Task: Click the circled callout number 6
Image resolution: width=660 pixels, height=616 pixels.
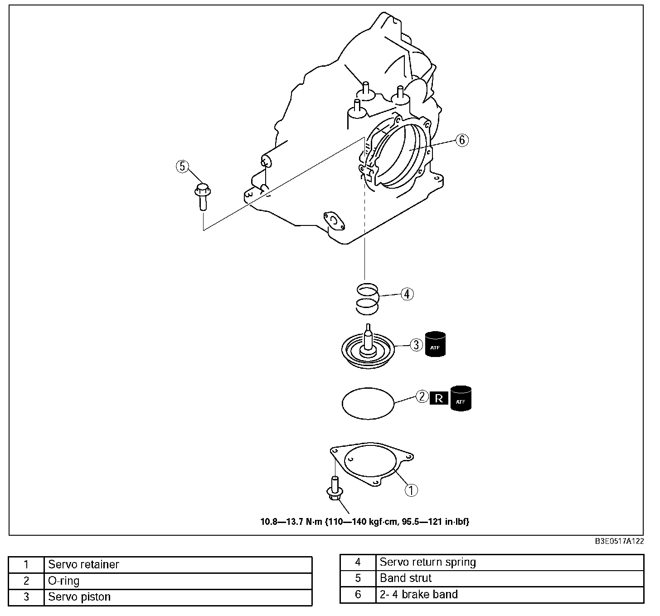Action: coord(461,140)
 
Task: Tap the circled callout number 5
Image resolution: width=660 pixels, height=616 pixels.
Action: coord(182,166)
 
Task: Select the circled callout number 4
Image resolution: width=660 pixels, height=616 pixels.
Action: coord(407,294)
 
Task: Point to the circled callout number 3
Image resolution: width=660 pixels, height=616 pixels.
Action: coord(416,345)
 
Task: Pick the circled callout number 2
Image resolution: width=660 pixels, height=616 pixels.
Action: coord(422,397)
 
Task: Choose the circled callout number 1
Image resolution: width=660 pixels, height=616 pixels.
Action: coord(411,490)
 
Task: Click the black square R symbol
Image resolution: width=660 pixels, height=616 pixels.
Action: coord(439,398)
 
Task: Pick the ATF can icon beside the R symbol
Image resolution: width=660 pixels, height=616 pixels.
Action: coord(461,398)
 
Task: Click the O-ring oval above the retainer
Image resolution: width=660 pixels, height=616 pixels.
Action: coord(368,402)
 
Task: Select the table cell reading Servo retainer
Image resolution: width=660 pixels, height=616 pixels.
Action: coord(84,565)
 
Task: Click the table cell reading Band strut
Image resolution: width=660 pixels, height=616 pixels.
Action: coord(406,578)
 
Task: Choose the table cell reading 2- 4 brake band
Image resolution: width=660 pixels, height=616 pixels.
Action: coord(419,594)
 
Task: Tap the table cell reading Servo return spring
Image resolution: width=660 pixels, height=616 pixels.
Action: coord(428,562)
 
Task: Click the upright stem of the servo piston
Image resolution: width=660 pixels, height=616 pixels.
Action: coord(369,336)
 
